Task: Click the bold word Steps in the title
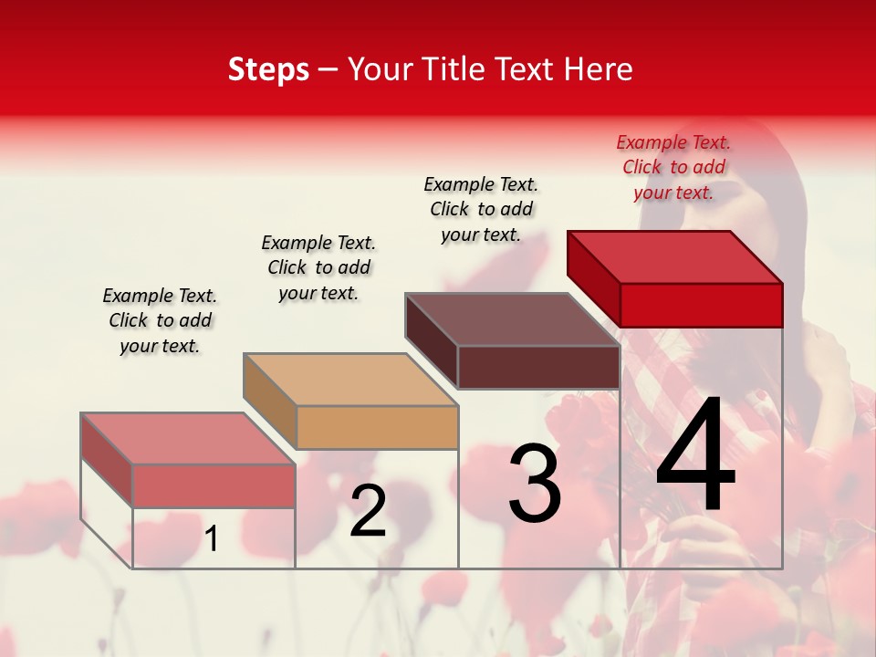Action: pyautogui.click(x=268, y=69)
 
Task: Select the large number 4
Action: pyautogui.click(x=695, y=456)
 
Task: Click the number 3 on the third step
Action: pyautogui.click(x=535, y=484)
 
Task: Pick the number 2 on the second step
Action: pyautogui.click(x=368, y=511)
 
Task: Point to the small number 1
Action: pyautogui.click(x=212, y=538)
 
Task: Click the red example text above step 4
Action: pyautogui.click(x=673, y=167)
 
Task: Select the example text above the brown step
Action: pyautogui.click(x=481, y=209)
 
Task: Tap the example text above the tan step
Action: pyautogui.click(x=318, y=267)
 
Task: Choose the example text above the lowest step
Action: pyautogui.click(x=160, y=320)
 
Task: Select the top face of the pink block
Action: pyautogui.click(x=188, y=438)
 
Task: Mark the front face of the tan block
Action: pyautogui.click(x=377, y=427)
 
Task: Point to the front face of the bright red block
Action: pyautogui.click(x=701, y=305)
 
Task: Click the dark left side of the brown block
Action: pyautogui.click(x=432, y=340)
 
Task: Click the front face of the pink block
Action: pyautogui.click(x=214, y=485)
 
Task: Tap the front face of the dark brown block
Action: pyautogui.click(x=538, y=368)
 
